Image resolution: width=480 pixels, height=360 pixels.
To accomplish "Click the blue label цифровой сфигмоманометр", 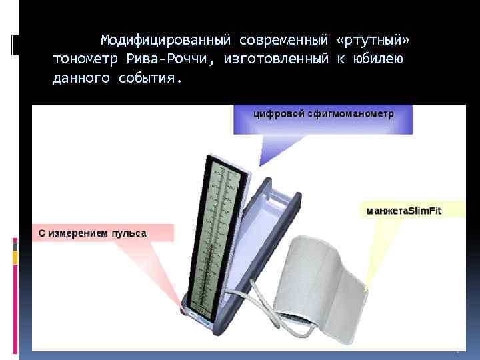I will coord(323,115).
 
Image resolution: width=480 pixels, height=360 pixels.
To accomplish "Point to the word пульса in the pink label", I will coord(130,233).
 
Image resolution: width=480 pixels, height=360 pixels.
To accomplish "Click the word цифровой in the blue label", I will coord(276,115).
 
